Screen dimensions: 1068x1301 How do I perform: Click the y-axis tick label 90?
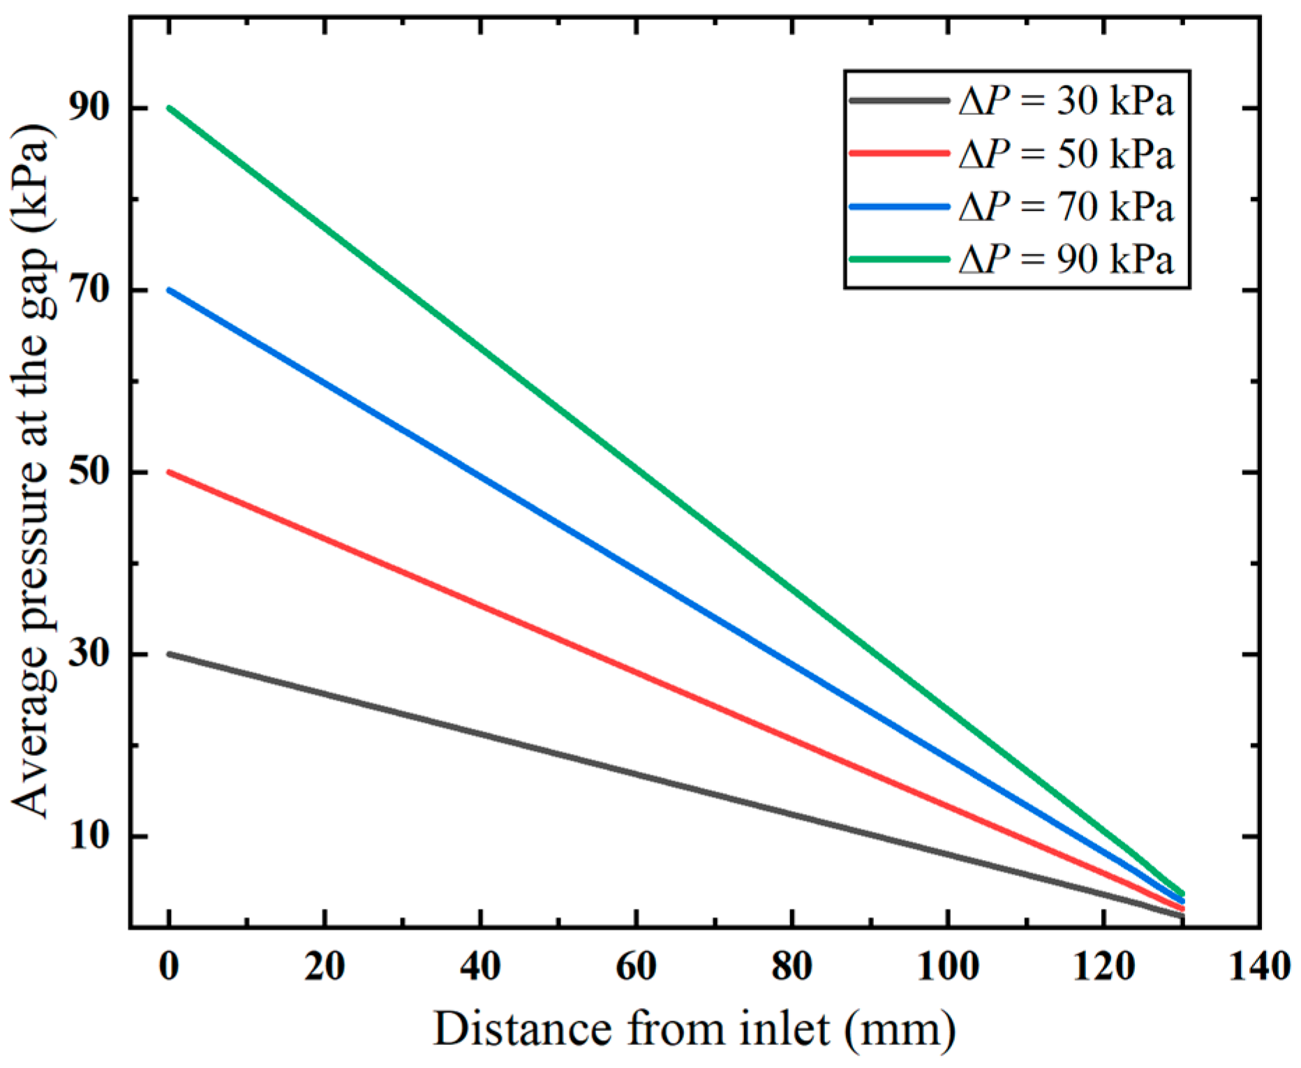click(x=89, y=108)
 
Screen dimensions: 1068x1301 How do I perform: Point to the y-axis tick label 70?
click(x=89, y=290)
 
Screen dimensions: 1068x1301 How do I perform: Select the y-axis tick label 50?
click(x=89, y=473)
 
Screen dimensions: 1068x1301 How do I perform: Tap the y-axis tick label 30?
click(x=89, y=655)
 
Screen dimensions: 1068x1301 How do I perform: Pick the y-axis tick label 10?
click(x=89, y=836)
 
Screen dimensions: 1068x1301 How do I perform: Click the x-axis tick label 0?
click(x=169, y=967)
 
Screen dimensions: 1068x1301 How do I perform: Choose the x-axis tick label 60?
click(x=636, y=967)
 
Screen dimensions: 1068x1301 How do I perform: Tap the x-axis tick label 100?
click(x=947, y=967)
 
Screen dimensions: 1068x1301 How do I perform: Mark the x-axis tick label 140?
click(x=1258, y=967)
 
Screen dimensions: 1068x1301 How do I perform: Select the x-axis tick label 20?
click(x=325, y=967)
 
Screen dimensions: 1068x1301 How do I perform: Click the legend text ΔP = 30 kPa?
click(x=1066, y=102)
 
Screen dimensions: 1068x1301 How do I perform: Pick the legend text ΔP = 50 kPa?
click(x=1066, y=154)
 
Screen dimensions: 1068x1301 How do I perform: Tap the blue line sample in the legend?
click(x=900, y=207)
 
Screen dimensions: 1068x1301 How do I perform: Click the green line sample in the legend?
click(x=900, y=259)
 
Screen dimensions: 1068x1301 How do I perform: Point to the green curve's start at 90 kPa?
click(x=170, y=108)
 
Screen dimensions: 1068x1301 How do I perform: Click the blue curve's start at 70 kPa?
click(x=170, y=290)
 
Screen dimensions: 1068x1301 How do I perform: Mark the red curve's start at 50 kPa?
click(x=170, y=473)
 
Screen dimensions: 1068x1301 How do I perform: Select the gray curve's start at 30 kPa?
click(x=170, y=655)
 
